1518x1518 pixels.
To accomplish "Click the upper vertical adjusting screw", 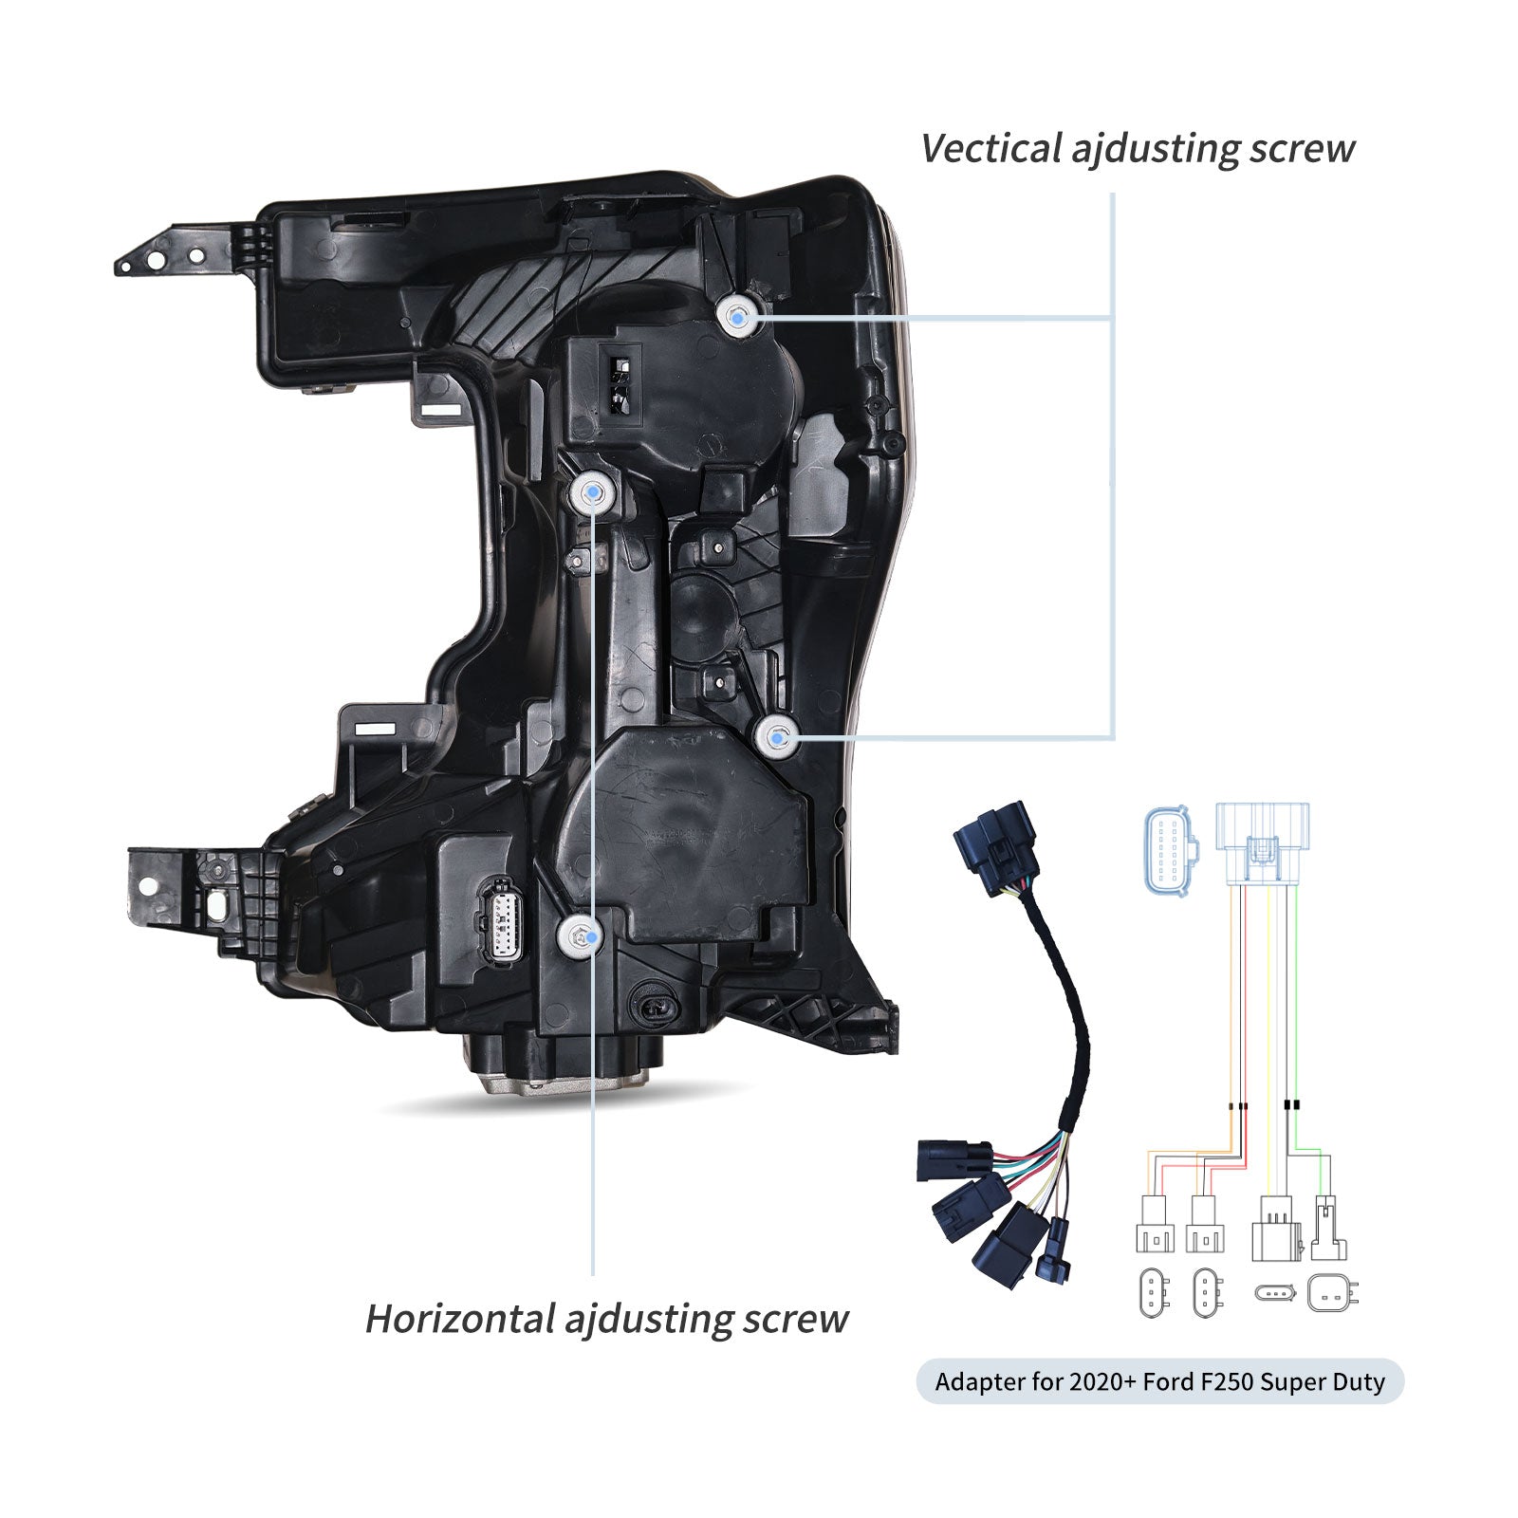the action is coord(738,315).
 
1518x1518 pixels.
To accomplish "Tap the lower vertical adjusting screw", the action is coord(777,736).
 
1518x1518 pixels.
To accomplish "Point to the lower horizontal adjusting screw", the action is coord(580,936).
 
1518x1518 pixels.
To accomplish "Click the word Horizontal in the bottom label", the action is coord(459,1320).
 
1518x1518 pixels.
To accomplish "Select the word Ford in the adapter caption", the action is coord(1164,1382).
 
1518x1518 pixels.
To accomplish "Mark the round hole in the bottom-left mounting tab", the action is coord(148,885).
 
